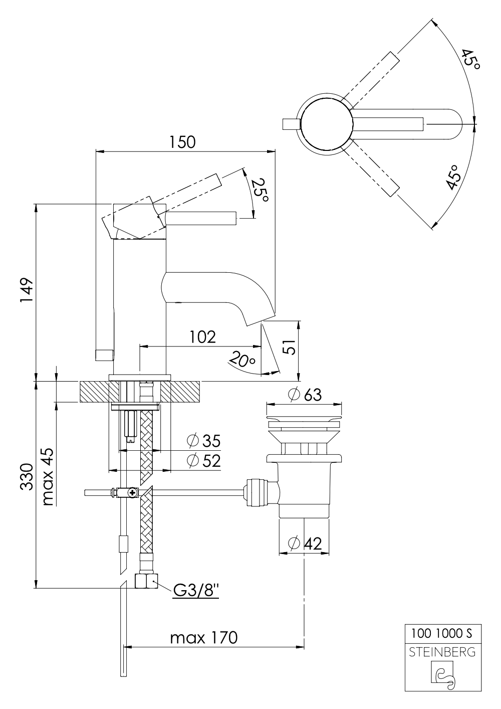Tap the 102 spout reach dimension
(202, 336)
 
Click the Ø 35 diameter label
(203, 441)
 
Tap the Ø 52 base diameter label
(203, 461)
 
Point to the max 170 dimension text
(203, 638)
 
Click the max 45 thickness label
(48, 476)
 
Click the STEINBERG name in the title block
(443, 652)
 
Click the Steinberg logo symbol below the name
(443, 674)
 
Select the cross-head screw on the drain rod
(133, 493)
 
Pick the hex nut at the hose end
(146, 582)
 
